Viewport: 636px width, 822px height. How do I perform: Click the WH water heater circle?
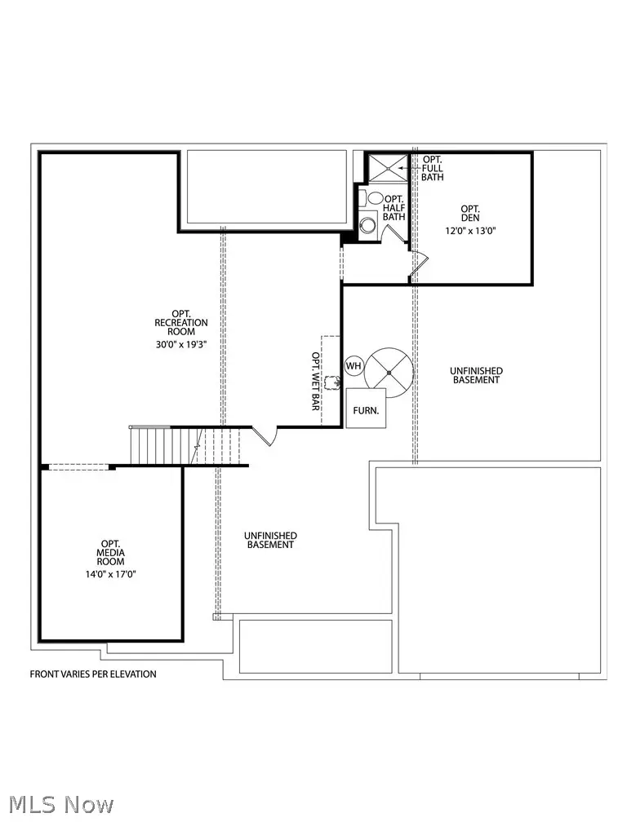pos(354,366)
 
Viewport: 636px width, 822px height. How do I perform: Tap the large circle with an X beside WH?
pos(389,371)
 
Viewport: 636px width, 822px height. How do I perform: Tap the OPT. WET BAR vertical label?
pos(315,381)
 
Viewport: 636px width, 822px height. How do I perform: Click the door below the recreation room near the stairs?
pos(266,435)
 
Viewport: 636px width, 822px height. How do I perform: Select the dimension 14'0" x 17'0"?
pos(111,574)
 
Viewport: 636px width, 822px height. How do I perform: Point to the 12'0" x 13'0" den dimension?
pos(470,231)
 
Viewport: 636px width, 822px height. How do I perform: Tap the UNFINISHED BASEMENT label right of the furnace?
pos(475,375)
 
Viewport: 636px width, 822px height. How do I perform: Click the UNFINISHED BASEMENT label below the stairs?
pos(270,540)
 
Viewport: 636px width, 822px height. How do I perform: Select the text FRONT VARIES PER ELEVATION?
pos(93,674)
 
